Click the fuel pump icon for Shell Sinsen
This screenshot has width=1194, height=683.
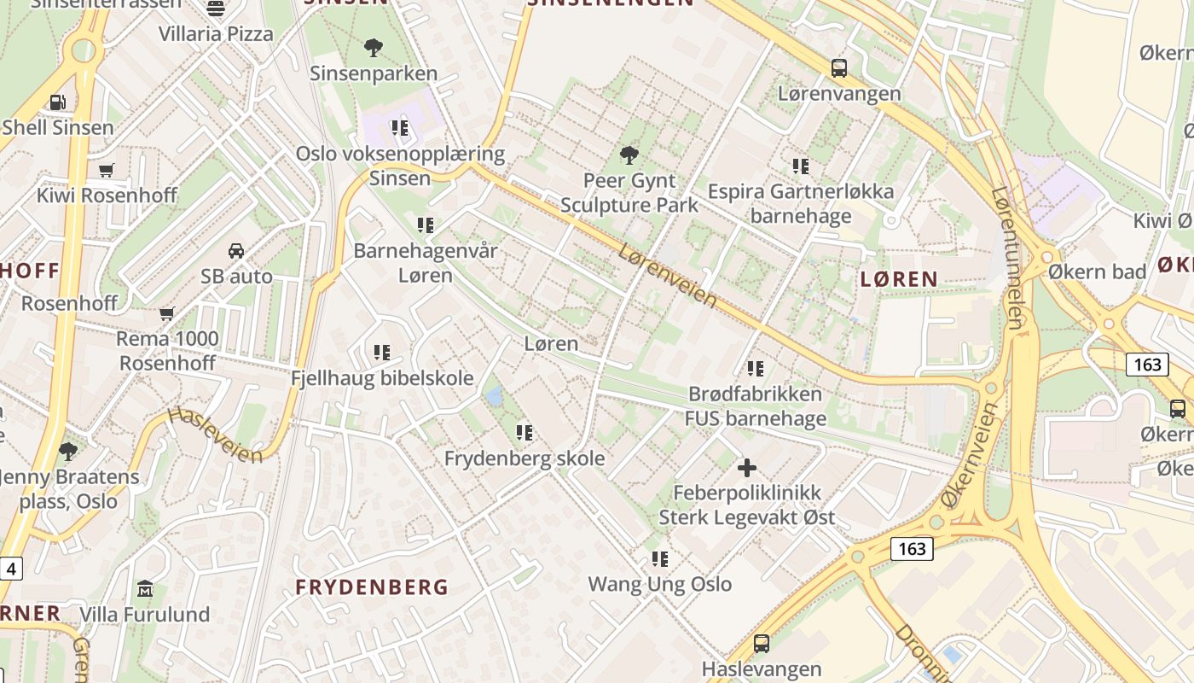coord(57,102)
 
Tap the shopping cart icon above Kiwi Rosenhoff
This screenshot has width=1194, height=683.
coord(107,170)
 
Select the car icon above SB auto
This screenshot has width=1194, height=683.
coord(236,251)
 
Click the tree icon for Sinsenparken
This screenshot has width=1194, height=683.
coord(373,47)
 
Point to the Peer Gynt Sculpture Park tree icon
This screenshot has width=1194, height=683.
coord(629,155)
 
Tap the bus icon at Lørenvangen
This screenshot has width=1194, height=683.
coord(839,67)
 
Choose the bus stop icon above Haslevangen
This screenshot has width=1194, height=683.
coord(762,644)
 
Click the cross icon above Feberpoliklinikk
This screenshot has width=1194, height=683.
coord(747,467)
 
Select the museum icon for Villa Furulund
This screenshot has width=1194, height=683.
coord(145,589)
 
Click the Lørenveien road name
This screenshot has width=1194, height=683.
coord(668,276)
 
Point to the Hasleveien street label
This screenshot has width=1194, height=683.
coord(215,435)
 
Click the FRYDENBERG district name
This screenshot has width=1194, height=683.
coord(372,587)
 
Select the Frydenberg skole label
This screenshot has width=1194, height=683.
coord(525,458)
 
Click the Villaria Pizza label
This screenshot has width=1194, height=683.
coord(216,34)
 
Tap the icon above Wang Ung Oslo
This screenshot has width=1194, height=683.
coord(660,559)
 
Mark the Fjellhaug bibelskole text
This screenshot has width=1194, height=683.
coord(382,378)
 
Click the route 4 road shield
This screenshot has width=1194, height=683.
coord(11,568)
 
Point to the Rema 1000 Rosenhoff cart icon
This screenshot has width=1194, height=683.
coord(167,313)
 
